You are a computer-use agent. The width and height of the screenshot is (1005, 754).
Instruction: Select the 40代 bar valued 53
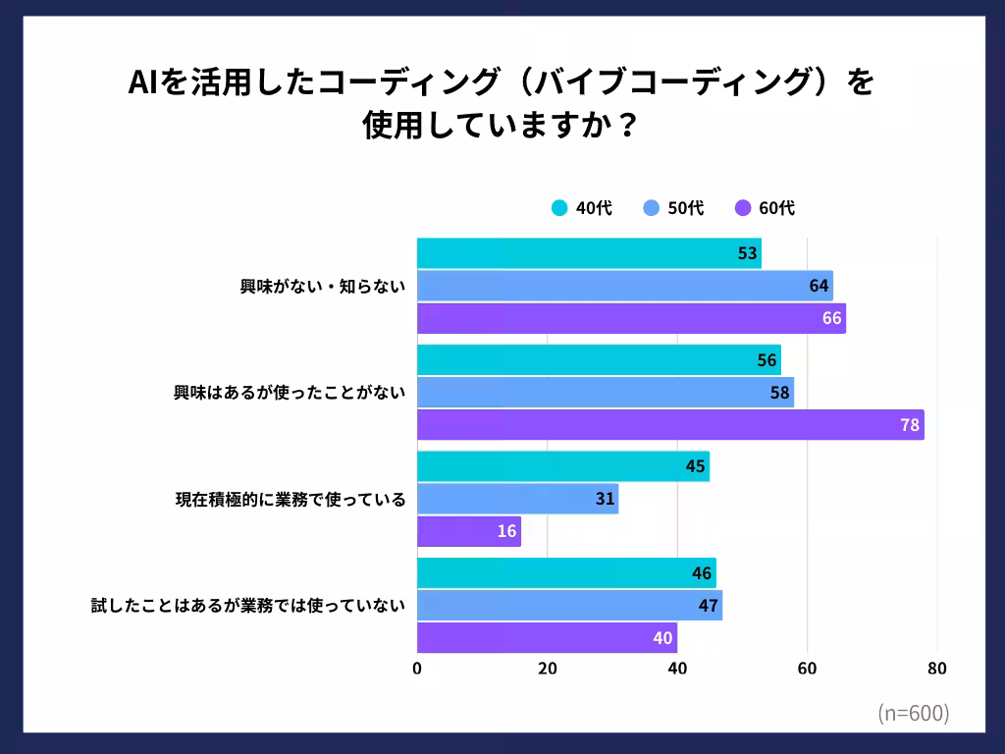589,253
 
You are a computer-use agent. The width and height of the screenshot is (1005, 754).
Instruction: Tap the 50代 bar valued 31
517,500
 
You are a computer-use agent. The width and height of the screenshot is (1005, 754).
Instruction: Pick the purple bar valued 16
469,531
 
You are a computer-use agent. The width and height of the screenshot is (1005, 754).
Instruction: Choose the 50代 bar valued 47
569,606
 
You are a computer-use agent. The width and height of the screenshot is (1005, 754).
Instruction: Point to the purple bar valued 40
547,638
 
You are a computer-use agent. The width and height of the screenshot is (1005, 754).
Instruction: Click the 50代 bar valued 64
624,286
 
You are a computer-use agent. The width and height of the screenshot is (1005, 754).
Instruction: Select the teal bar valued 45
562,466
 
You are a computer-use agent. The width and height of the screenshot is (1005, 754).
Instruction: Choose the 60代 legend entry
765,208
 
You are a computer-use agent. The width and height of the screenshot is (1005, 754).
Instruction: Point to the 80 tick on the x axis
937,670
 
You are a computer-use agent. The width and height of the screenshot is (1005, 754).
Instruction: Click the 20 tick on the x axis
548,670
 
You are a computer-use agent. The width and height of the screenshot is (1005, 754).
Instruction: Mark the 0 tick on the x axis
417,670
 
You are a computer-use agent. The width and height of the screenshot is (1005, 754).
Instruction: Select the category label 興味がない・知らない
323,287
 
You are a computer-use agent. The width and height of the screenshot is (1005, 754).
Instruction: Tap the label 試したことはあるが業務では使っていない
247,606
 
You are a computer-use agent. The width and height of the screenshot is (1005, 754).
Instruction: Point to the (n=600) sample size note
913,714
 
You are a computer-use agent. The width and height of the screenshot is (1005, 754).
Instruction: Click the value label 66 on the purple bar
832,318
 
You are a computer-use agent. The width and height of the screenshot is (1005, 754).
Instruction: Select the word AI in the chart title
144,83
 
